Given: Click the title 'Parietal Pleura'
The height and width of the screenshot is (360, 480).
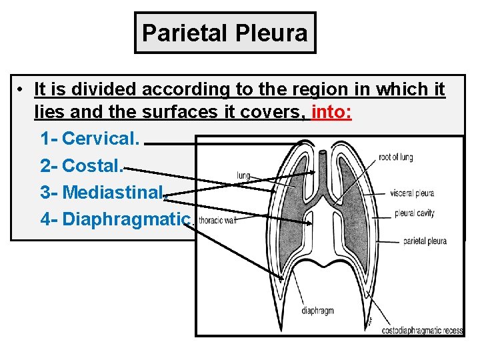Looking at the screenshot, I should click(225, 32).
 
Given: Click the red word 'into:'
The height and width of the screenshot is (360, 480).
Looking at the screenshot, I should click(331, 112).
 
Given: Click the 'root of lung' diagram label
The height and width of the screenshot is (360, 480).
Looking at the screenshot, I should click(395, 157).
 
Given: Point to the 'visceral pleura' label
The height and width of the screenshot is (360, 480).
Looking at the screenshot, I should click(411, 193).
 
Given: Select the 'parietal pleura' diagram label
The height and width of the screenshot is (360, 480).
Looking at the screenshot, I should click(425, 241).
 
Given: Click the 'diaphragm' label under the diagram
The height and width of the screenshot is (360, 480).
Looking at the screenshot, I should click(317, 311).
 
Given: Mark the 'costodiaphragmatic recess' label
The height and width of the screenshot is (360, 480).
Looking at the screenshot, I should click(422, 330).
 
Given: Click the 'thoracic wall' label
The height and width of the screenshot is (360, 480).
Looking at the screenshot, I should click(218, 221).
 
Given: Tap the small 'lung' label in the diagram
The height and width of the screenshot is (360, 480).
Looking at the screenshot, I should click(243, 176).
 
